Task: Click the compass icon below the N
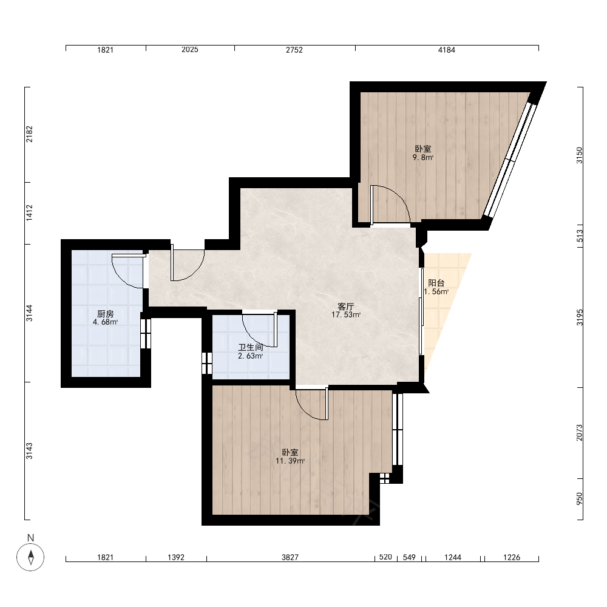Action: (30, 557)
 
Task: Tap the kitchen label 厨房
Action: (105, 314)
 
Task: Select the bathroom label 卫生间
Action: (251, 347)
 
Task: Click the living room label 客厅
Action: (346, 307)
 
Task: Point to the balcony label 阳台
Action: (436, 283)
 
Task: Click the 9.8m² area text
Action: (422, 157)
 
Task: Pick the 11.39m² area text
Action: (290, 461)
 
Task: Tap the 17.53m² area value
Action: (346, 314)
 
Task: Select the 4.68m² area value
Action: (105, 322)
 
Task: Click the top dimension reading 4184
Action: (446, 50)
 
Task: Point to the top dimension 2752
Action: (294, 50)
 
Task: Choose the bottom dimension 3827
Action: (290, 557)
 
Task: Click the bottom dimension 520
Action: (385, 557)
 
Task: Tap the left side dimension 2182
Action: (29, 134)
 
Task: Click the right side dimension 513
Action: (579, 236)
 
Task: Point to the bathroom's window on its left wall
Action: (207, 363)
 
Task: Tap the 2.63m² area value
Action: (251, 356)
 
